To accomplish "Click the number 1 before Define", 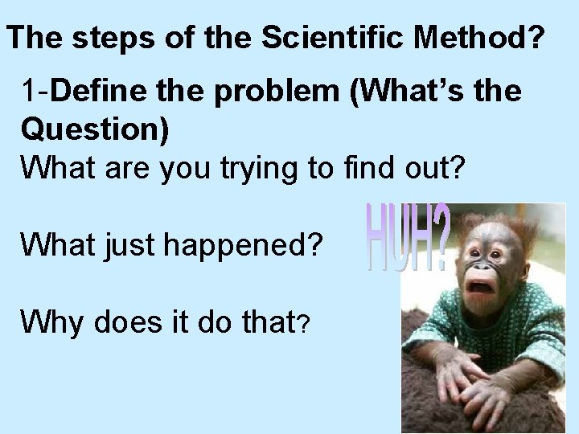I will click(31, 92).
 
